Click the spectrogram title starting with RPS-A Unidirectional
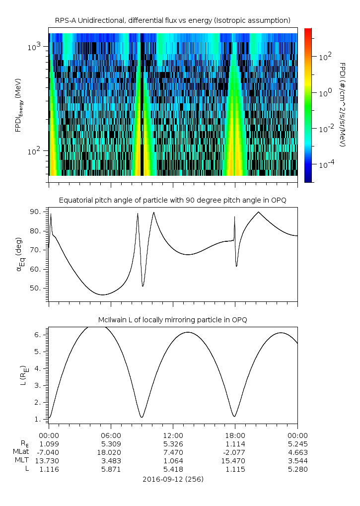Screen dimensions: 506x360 tap(173, 20)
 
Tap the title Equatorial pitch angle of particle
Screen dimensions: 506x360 tap(173, 200)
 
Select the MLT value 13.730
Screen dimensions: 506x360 tap(49, 461)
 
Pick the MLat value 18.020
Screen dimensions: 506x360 tap(111, 452)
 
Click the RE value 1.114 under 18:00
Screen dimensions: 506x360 tap(235, 443)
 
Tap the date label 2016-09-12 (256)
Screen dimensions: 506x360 tap(173, 479)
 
